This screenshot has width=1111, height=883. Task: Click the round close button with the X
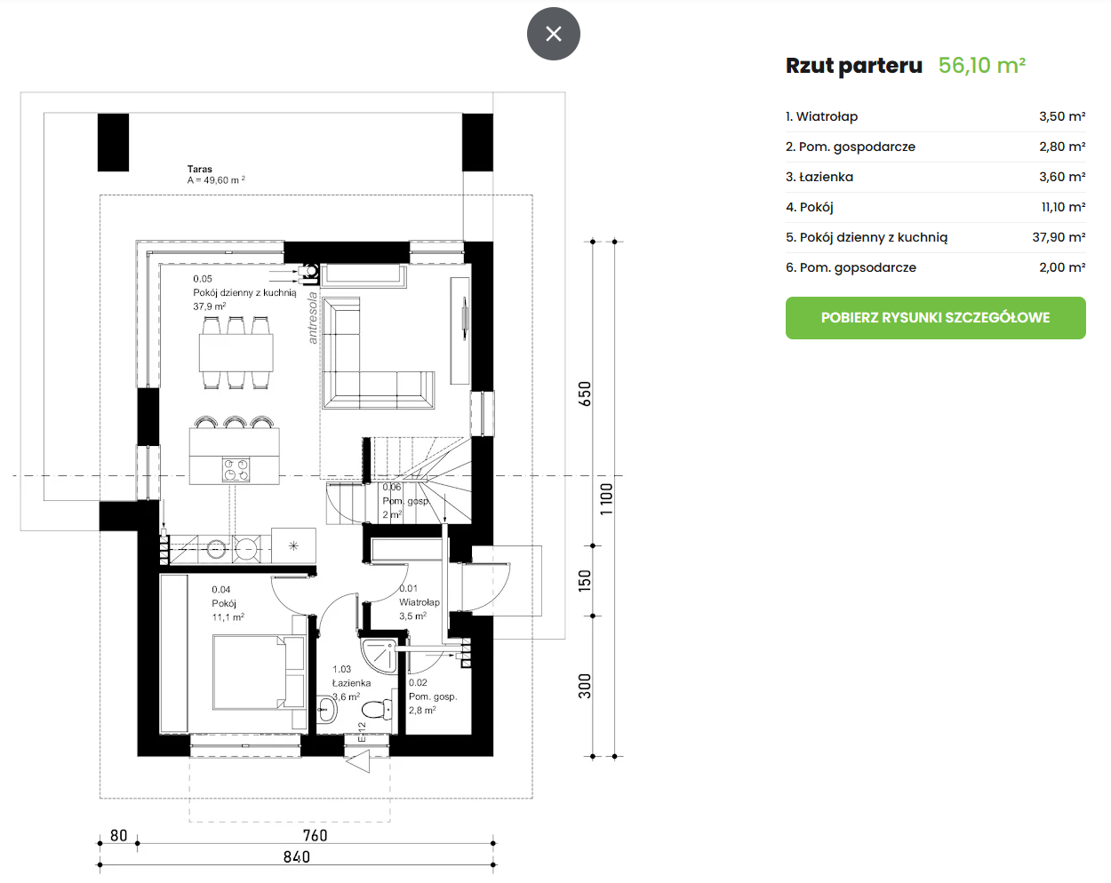pos(554,34)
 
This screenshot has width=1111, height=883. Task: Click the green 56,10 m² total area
pos(981,66)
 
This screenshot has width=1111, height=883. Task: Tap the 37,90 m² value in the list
pos(1059,237)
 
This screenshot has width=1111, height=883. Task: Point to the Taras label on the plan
pos(199,169)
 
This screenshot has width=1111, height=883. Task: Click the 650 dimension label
pos(585,394)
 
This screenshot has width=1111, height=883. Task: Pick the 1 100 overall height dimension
pos(606,498)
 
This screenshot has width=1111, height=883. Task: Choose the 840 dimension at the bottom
pos(296,856)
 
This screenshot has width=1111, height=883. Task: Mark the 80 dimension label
pos(119,835)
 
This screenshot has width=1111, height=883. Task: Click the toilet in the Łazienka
pos(378,710)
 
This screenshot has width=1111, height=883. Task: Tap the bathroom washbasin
pos(326,710)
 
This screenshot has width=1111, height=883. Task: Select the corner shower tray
pos(379,656)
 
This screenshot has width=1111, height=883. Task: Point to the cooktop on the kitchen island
pos(236,470)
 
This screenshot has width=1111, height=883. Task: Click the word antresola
pos(312,318)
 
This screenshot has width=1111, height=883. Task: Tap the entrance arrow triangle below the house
pos(359,761)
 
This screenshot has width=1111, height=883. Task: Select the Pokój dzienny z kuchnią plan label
pos(244,292)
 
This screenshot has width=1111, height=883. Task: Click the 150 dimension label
pos(585,581)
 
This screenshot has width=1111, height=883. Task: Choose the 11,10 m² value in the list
pos(1063,208)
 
